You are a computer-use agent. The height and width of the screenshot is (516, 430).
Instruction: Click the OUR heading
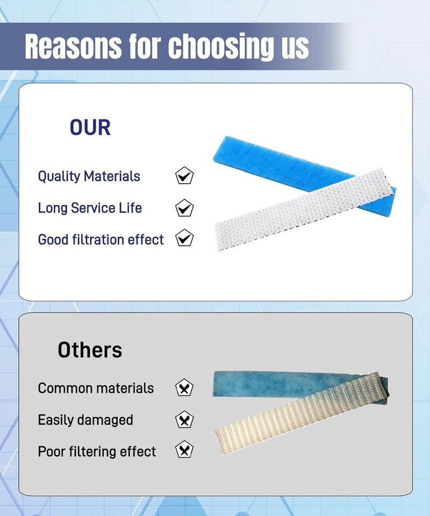click(x=90, y=127)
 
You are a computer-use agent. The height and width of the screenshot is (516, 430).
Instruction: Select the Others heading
click(x=90, y=349)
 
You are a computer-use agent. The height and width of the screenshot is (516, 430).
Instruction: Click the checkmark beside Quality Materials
click(x=184, y=175)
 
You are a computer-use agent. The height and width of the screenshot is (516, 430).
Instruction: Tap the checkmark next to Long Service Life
click(x=184, y=207)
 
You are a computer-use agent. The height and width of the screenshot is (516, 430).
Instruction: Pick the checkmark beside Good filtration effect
click(x=184, y=238)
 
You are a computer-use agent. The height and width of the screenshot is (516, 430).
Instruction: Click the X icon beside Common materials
click(x=184, y=388)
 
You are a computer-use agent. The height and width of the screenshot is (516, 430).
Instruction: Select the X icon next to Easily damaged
click(x=184, y=420)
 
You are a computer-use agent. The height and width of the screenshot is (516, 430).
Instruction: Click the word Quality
click(x=59, y=177)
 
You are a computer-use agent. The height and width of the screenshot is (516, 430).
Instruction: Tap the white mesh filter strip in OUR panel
click(x=304, y=209)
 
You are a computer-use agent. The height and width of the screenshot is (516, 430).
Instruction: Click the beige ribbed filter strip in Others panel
click(x=301, y=414)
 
